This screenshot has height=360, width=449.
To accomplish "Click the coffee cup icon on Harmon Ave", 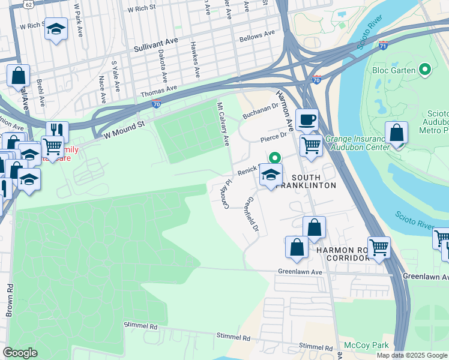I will [307, 119].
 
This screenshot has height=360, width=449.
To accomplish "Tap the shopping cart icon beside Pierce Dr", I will [310, 145].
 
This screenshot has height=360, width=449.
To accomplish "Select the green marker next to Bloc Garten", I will [426, 70].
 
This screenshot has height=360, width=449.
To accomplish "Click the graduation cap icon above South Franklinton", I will [271, 175].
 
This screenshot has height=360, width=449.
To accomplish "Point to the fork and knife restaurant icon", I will [57, 131].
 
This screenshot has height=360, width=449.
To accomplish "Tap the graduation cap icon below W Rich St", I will [56, 29].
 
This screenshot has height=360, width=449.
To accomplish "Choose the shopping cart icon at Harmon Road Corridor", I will [379, 247].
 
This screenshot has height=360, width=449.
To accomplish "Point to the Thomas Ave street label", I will [158, 92].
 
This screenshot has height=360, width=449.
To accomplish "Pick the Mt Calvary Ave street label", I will [223, 124].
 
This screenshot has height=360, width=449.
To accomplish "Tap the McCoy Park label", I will [366, 345].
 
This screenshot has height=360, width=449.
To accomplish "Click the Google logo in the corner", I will [20, 352].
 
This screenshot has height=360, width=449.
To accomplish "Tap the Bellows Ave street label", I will [256, 35].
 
